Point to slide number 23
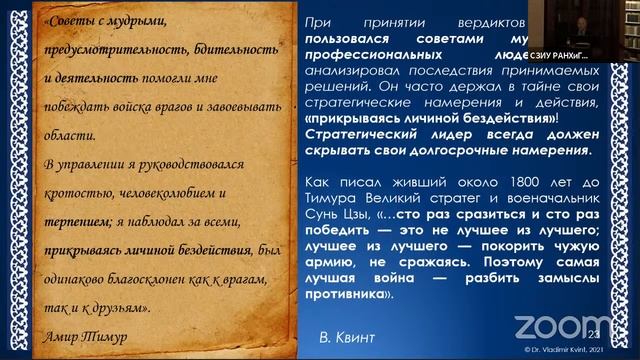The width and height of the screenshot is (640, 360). (596, 332)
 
